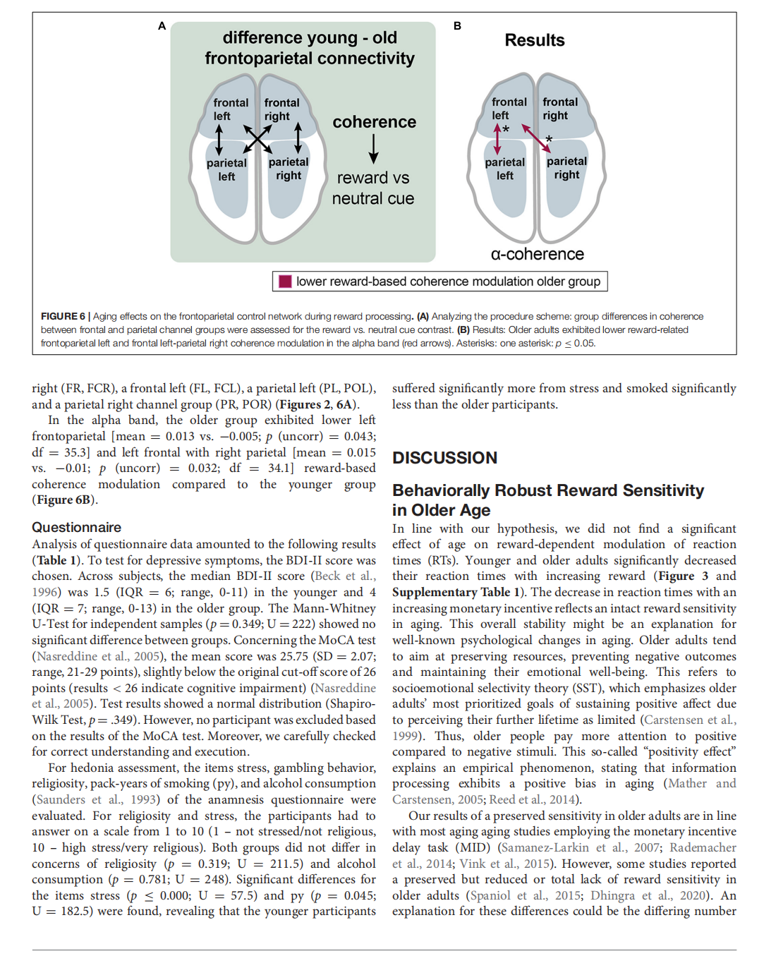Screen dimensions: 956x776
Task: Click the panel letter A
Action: coord(162,26)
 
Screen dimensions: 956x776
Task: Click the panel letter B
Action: coord(457,26)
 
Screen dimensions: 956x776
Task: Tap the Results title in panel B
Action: coord(534,40)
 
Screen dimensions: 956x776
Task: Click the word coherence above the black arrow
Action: coord(374,122)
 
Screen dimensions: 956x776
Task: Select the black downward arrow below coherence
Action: coord(373,149)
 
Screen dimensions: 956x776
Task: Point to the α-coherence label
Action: coord(537,254)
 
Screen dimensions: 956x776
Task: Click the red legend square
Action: coord(285,282)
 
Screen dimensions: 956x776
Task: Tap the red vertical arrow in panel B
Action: coord(497,140)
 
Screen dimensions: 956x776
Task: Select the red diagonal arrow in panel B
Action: coord(536,138)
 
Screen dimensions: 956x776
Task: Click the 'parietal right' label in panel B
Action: coord(566,168)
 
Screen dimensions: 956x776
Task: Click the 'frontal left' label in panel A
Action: coord(230,109)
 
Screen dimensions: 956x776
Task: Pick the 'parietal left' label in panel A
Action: coord(226,169)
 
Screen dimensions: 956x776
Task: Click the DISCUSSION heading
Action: coord(444,458)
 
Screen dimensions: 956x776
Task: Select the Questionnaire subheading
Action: coord(76,527)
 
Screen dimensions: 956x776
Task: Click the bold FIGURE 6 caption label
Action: coord(63,316)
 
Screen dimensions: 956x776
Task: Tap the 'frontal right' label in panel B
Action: coord(560,109)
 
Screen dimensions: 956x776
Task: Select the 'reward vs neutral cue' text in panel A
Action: coord(372,188)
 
